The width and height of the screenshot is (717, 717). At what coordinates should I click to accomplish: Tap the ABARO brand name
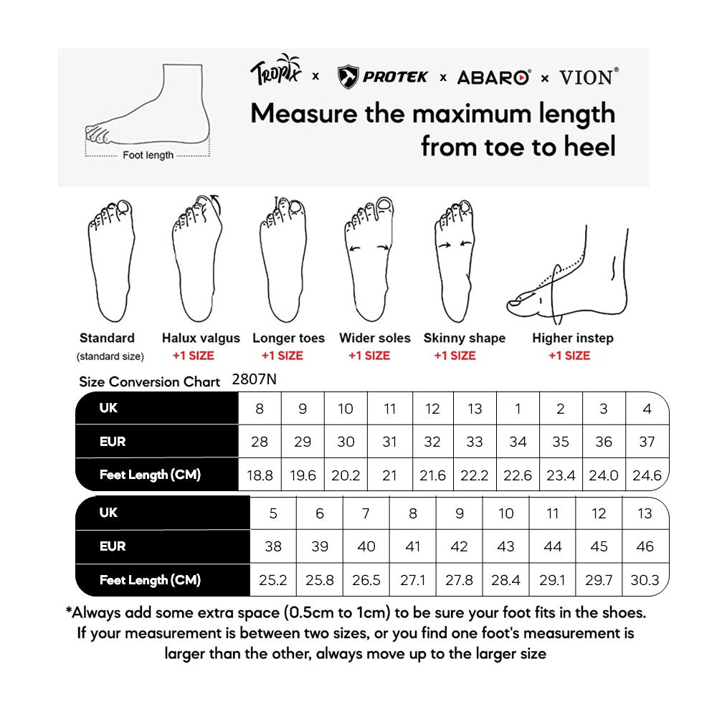coord(493,77)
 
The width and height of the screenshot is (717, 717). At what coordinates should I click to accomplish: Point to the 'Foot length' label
coord(148,155)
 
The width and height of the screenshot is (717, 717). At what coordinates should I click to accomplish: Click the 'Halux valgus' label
coord(201,338)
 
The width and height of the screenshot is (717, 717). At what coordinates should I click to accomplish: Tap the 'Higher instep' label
coord(573,338)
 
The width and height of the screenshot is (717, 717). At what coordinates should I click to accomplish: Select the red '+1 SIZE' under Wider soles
coord(369,356)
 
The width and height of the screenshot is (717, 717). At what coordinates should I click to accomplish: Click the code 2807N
coord(255,379)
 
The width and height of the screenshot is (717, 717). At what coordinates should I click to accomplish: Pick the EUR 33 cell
coord(475,442)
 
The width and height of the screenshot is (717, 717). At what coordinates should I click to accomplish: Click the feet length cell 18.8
coord(260,475)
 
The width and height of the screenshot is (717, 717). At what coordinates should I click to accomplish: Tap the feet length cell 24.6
coord(647,475)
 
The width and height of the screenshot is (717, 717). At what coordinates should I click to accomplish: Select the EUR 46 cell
coord(645,546)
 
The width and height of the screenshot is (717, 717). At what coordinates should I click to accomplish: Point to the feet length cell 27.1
coord(413,580)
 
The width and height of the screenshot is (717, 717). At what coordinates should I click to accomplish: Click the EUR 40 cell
coord(366,546)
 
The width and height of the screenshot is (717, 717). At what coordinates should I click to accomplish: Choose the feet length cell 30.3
coord(645,580)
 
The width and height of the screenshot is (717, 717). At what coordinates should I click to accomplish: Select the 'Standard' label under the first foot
coord(107,338)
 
